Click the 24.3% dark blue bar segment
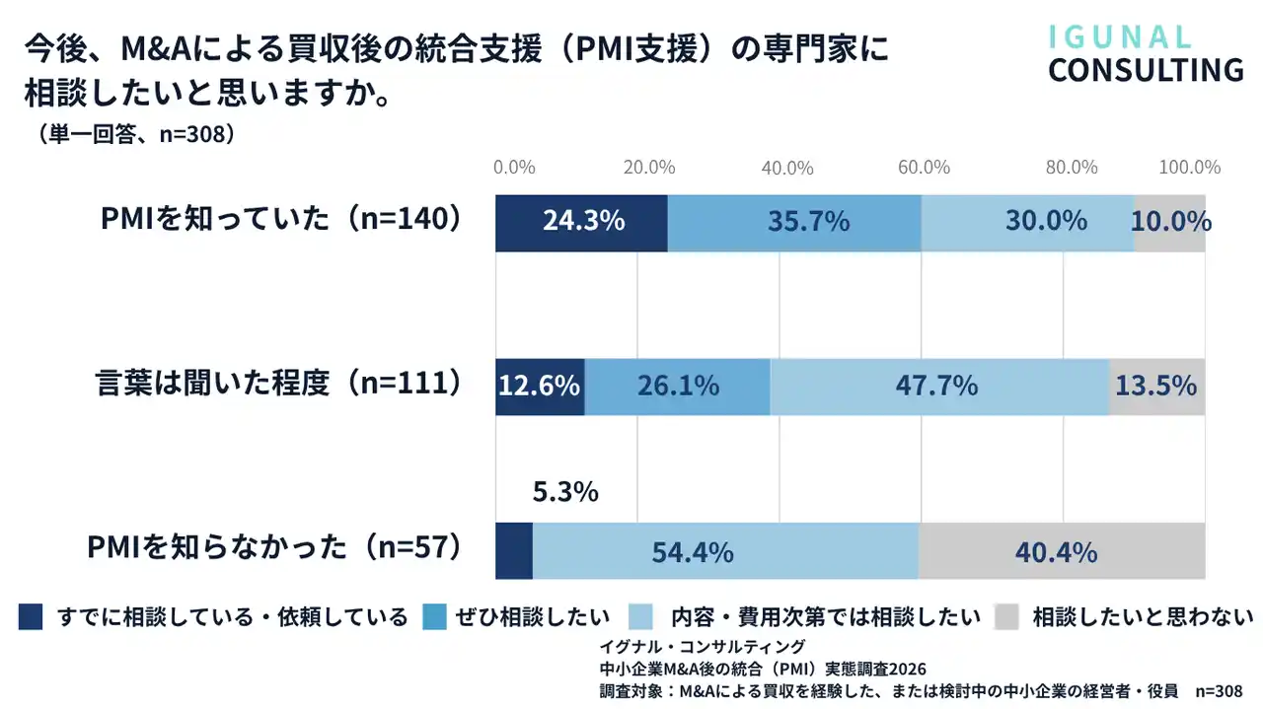[x=581, y=223]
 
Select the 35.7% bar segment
[x=794, y=223]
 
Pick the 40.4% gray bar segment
[x=1062, y=551]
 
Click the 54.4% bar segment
[x=725, y=551]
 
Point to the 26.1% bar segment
[x=677, y=387]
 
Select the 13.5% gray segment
[x=1156, y=387]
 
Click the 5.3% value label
[x=565, y=491]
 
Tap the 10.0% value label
[x=1171, y=222]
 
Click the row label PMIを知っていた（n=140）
[x=281, y=219]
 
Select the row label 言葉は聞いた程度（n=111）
[x=279, y=383]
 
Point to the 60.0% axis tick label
[x=924, y=168]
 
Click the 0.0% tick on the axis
[x=514, y=168]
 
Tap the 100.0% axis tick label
[x=1189, y=168]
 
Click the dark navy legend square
[x=31, y=617]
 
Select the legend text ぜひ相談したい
[x=532, y=618]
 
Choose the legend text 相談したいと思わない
[x=1142, y=618]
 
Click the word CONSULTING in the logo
[x=1146, y=71]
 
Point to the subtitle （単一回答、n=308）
[x=138, y=133]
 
